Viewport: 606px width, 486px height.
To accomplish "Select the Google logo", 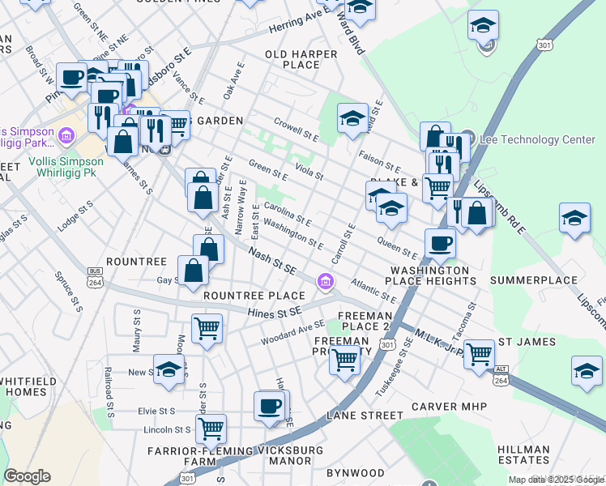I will click(x=27, y=476).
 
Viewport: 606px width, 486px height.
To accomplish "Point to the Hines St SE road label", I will click(x=275, y=310).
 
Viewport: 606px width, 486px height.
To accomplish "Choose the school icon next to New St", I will click(x=168, y=369).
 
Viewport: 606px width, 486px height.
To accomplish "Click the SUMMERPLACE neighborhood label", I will click(x=531, y=280).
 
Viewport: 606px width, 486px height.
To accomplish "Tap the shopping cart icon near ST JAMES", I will click(x=479, y=352).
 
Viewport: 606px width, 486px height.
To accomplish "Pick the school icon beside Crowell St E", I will click(x=352, y=118).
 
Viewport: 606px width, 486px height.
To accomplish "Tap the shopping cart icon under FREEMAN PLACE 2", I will click(x=344, y=358).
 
